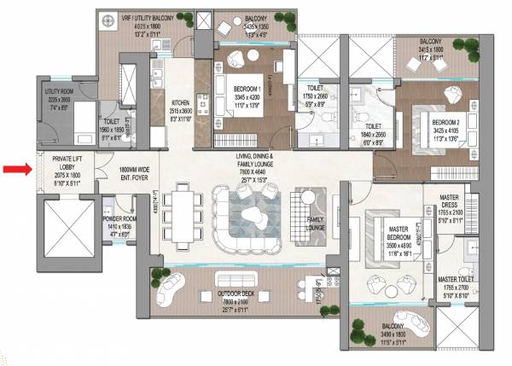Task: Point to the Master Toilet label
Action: (459, 279)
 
